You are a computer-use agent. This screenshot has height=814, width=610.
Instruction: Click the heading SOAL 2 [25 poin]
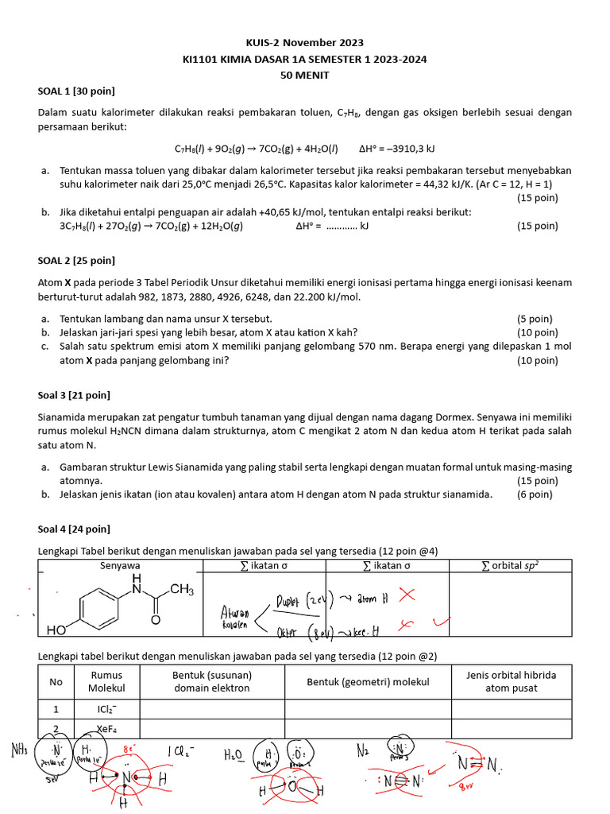76,260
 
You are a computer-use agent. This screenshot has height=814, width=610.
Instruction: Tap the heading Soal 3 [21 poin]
74,395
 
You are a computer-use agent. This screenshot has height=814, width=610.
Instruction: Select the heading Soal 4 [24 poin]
74,529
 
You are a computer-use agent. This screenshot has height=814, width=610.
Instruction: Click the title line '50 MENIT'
304,75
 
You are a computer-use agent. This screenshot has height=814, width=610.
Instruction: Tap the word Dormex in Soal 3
508,417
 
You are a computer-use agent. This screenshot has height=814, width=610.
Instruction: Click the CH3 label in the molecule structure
181,590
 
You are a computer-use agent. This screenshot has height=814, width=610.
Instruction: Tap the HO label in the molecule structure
56,630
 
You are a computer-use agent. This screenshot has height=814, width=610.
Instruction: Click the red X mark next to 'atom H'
407,594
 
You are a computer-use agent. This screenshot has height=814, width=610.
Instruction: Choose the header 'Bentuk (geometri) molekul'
368,682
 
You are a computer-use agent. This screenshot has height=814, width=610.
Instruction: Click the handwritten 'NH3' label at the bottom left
20,749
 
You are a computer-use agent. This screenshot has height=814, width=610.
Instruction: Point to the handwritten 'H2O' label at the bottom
234,754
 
